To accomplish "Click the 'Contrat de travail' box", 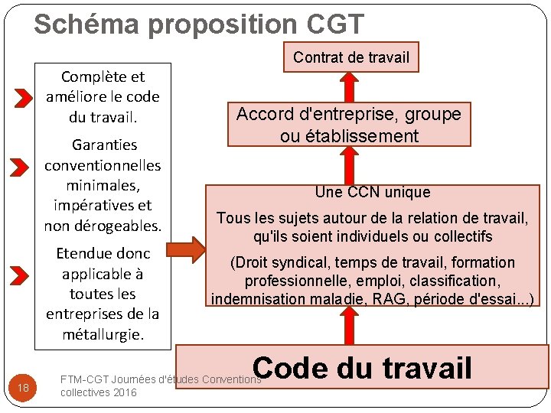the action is pyautogui.click(x=351, y=57).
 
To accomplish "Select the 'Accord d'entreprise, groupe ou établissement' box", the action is pyautogui.click(x=348, y=125).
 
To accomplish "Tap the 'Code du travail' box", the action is pyautogui.click(x=363, y=368).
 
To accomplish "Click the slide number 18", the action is pyautogui.click(x=23, y=388).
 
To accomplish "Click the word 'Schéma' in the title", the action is pyautogui.click(x=86, y=24).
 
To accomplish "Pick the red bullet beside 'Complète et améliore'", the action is pyautogui.click(x=24, y=98).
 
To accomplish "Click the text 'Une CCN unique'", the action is pyautogui.click(x=373, y=192).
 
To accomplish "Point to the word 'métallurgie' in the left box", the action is pyautogui.click(x=101, y=334).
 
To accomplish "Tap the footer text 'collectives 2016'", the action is pyautogui.click(x=98, y=392).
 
